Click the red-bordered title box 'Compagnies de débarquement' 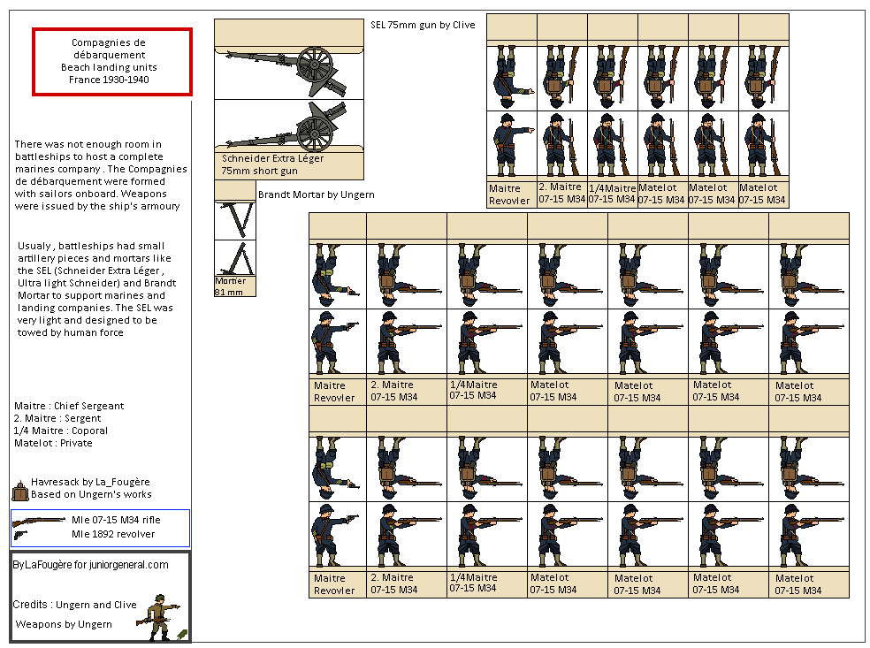(111, 61)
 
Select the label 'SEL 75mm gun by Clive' (422, 25)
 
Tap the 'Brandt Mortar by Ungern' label (316, 194)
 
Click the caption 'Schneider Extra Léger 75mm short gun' (272, 164)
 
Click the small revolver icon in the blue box (20, 534)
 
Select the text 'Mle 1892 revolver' (112, 534)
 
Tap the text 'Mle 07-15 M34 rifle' (117, 521)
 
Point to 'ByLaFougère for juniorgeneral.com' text (90, 565)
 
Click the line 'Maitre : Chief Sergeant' (69, 406)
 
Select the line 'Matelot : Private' (53, 443)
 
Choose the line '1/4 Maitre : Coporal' (61, 431)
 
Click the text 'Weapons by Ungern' (64, 624)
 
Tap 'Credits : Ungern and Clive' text (74, 605)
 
